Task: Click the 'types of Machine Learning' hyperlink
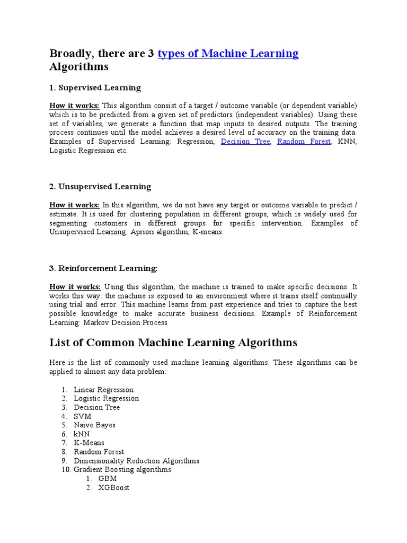(228, 54)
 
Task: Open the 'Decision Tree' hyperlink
(245, 142)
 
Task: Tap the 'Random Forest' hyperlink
(304, 142)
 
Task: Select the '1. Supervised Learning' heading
(95, 87)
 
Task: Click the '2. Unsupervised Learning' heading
(100, 187)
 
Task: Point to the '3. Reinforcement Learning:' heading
(103, 268)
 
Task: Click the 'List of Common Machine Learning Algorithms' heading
(173, 343)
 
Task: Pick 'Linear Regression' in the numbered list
(103, 390)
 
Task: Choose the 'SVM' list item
(83, 416)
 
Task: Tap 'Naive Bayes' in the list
(95, 425)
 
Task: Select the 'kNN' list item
(82, 434)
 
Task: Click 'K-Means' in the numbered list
(89, 443)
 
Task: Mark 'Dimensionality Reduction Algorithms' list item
(137, 461)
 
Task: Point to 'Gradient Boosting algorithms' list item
(122, 469)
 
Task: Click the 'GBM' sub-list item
(108, 478)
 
